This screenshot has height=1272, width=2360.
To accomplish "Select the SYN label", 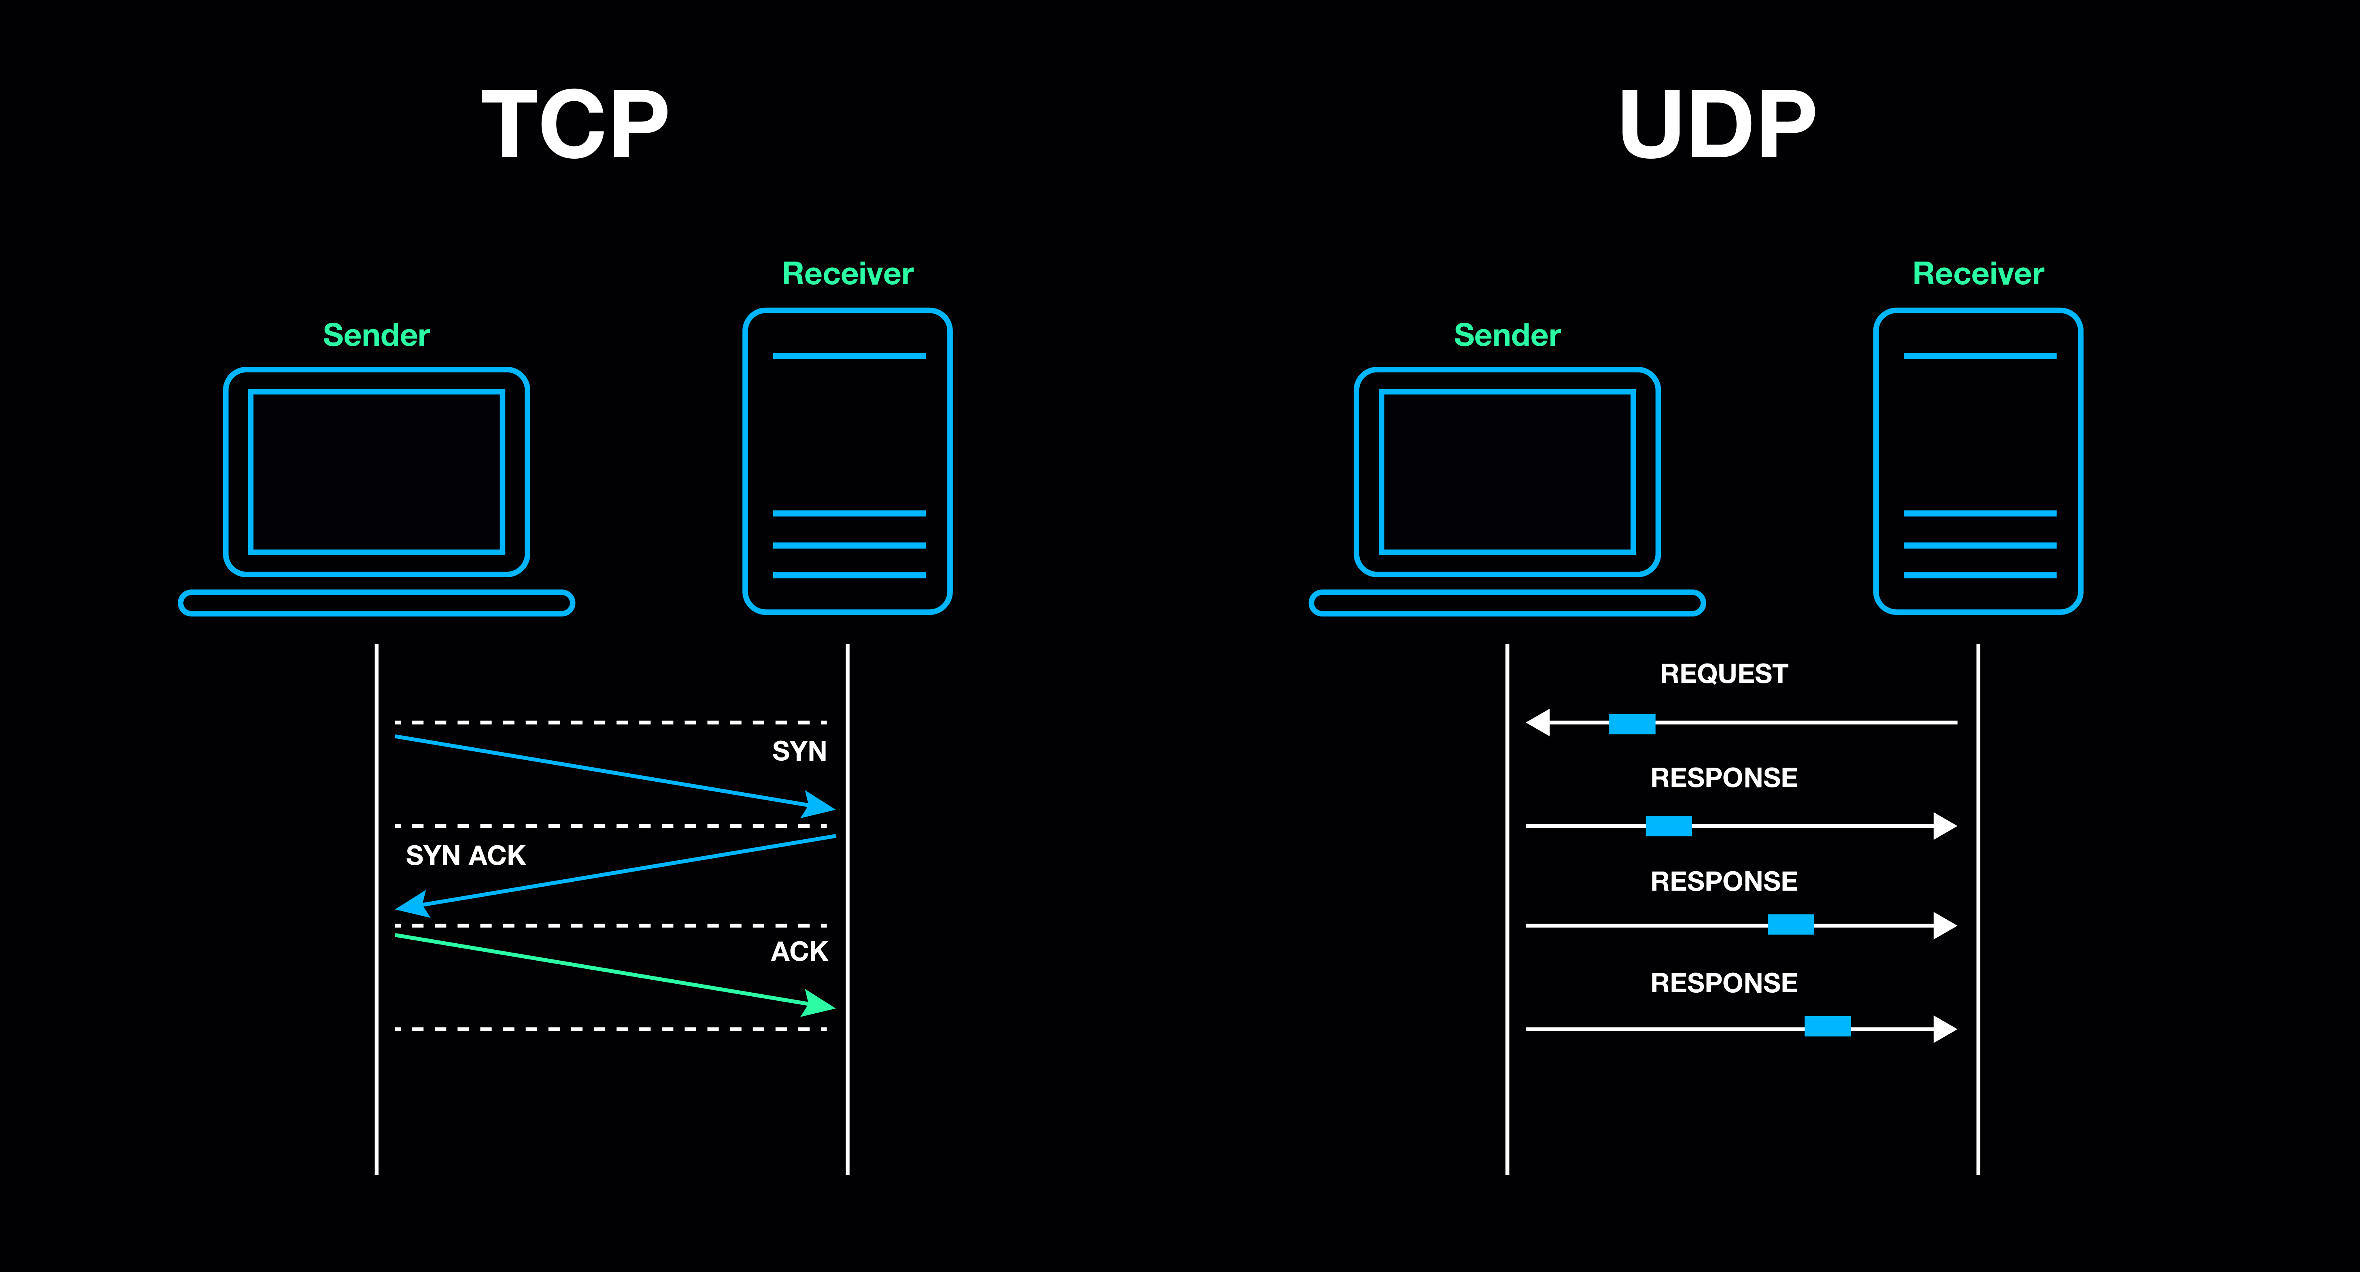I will [799, 751].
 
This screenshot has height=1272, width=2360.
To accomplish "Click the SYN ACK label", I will [466, 856].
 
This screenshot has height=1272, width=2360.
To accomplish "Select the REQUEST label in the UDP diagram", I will [1723, 674].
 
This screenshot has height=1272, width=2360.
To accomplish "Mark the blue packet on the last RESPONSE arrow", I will [1827, 1026].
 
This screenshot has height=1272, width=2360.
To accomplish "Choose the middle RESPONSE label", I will [1723, 882].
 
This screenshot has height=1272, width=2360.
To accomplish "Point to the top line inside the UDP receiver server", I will [1979, 355].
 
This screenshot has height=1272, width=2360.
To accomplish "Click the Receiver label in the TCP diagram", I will [847, 274].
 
